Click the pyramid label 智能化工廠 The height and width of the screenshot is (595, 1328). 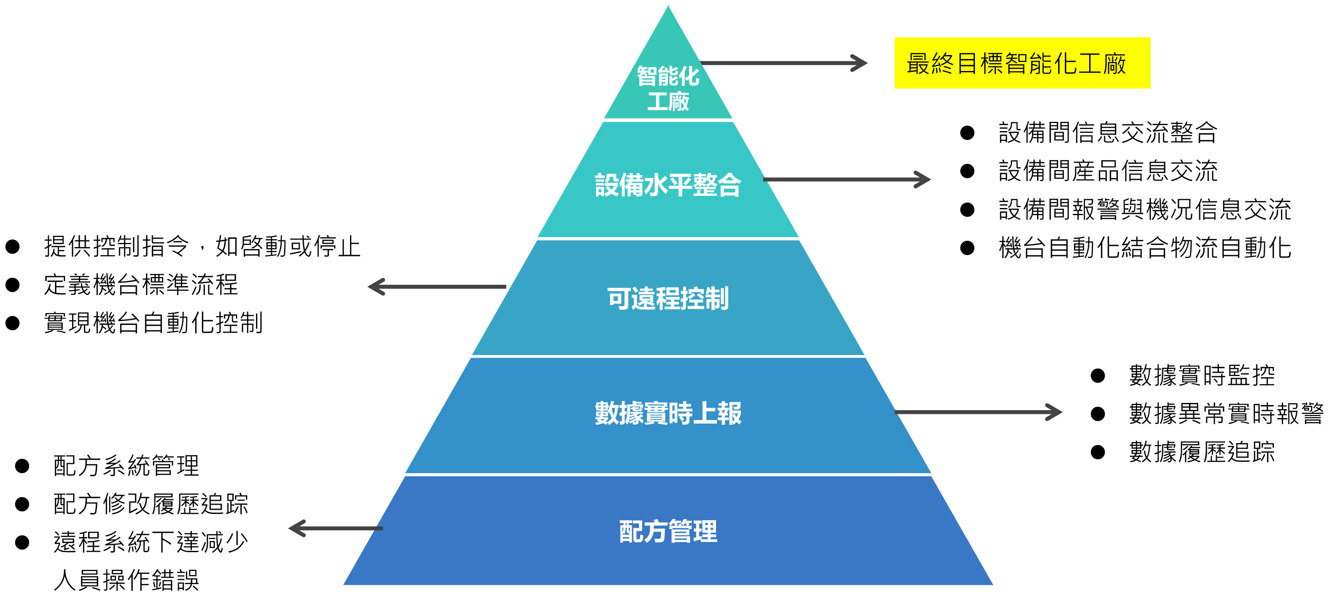[668, 89]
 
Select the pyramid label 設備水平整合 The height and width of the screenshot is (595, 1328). [668, 185]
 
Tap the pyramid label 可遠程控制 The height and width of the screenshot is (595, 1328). [668, 299]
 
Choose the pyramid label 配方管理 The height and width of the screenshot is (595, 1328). [668, 532]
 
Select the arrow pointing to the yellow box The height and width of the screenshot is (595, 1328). [784, 63]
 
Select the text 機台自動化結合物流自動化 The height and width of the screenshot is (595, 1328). [1145, 247]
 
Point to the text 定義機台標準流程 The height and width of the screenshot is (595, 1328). [141, 285]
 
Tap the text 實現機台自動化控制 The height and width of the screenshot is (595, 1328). [153, 324]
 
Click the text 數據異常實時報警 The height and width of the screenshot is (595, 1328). [1226, 414]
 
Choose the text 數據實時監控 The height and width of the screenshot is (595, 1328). [1202, 375]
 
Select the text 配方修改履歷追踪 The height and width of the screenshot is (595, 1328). [151, 504]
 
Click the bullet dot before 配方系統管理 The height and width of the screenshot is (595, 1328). [22, 466]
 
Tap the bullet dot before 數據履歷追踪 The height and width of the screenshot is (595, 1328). [1098, 453]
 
